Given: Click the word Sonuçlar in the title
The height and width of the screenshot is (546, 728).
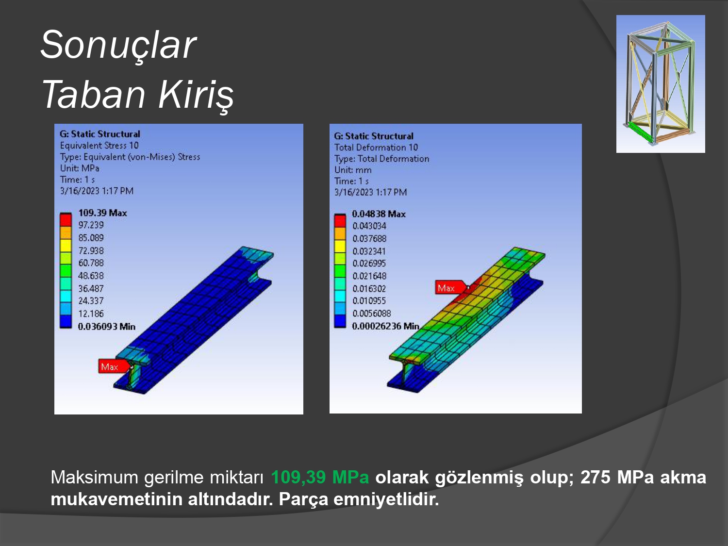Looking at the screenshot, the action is pyautogui.click(x=118, y=45).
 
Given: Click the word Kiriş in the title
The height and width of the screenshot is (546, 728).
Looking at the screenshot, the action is pyautogui.click(x=196, y=95).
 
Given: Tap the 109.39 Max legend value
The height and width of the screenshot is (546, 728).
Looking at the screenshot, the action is pyautogui.click(x=102, y=213).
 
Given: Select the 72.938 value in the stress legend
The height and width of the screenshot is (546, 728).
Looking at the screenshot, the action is pyautogui.click(x=91, y=250).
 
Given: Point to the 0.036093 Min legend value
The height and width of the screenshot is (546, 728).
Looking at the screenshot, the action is pyautogui.click(x=106, y=327).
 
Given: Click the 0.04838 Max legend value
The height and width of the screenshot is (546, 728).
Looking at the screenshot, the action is pyautogui.click(x=379, y=214).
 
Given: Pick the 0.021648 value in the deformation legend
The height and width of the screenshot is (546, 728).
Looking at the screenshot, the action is pyautogui.click(x=369, y=276).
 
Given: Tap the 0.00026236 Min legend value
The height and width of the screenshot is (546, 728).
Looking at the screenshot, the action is pyautogui.click(x=385, y=326).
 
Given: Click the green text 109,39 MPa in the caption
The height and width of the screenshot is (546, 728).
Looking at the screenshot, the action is pyautogui.click(x=320, y=478).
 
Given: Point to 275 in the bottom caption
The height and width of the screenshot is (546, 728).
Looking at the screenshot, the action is pyautogui.click(x=596, y=478).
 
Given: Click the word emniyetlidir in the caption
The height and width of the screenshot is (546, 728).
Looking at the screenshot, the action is pyautogui.click(x=386, y=499).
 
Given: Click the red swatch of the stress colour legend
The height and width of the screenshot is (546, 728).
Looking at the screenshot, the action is pyautogui.click(x=66, y=220).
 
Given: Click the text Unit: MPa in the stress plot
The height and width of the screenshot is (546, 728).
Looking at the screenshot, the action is pyautogui.click(x=80, y=168).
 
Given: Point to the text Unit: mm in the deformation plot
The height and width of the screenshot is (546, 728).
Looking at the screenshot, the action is pyautogui.click(x=353, y=170).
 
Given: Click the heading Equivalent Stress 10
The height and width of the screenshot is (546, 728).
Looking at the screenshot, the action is pyautogui.click(x=99, y=146).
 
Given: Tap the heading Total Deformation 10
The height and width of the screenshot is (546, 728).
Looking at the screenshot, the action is pyautogui.click(x=376, y=148).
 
